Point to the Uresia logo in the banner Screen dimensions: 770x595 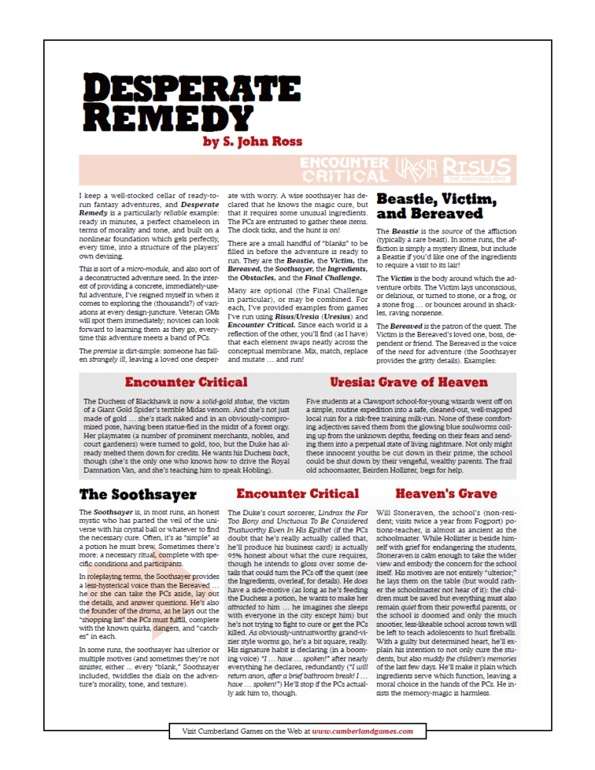click(x=416, y=169)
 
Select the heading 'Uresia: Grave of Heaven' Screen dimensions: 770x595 click(x=409, y=382)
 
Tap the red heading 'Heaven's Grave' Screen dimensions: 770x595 click(x=446, y=494)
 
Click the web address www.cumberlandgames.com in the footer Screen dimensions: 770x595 click(x=363, y=731)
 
